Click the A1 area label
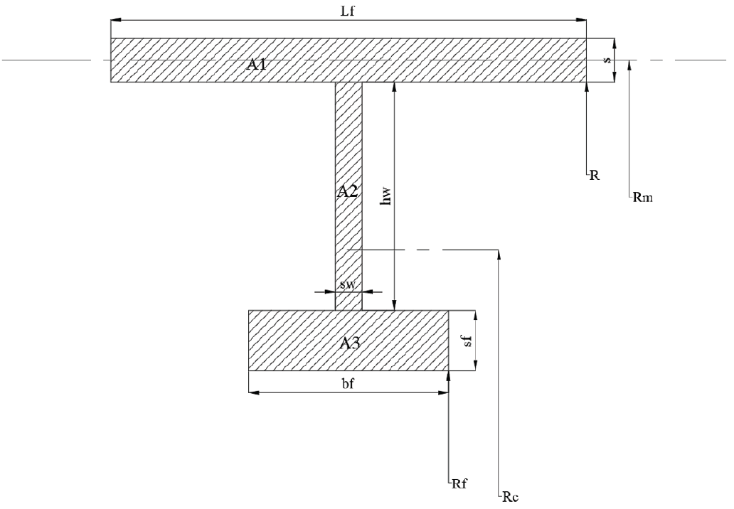coord(257,65)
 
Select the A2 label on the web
coord(348,191)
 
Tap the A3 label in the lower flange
coord(349,343)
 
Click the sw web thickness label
coord(348,285)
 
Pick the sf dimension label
coord(466,341)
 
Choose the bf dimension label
coord(349,384)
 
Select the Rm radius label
coord(642,198)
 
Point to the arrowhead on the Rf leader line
coord(449,375)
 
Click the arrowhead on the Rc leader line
coord(501,254)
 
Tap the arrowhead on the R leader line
coord(586,87)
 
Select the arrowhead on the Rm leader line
coord(630,65)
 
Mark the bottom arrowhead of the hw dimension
coord(394,306)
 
